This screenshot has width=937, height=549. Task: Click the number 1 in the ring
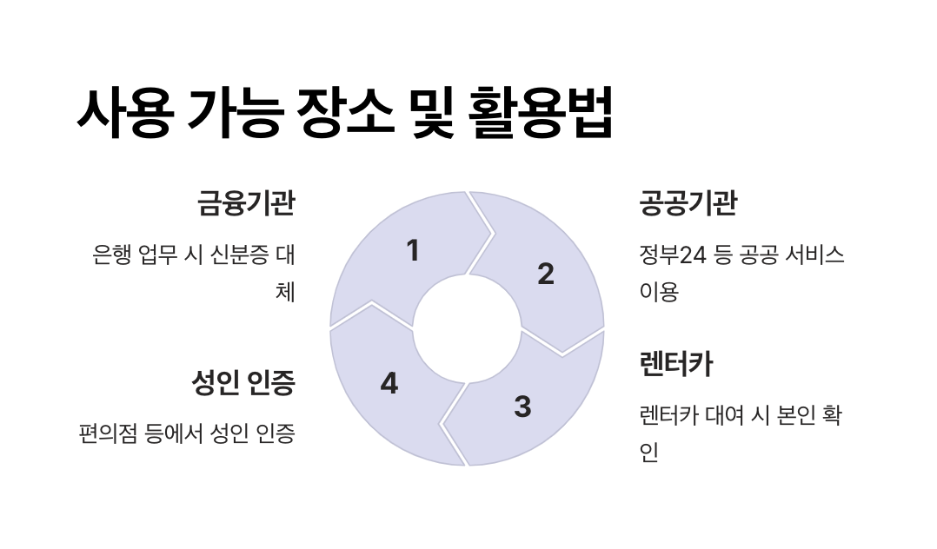(x=413, y=251)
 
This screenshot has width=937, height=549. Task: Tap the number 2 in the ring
(x=546, y=274)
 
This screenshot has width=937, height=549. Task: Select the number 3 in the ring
(x=522, y=406)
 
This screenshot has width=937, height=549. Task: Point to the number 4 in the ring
(x=389, y=383)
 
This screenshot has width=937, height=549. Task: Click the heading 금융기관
(x=246, y=204)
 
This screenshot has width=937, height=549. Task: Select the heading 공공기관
(x=688, y=204)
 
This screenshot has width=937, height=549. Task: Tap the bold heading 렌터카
(x=675, y=364)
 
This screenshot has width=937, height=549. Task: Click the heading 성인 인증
(x=243, y=382)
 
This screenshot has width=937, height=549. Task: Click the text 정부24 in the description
(x=670, y=256)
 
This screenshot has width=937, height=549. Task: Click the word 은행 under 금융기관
(x=111, y=256)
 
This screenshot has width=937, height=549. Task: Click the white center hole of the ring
(x=467, y=328)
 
